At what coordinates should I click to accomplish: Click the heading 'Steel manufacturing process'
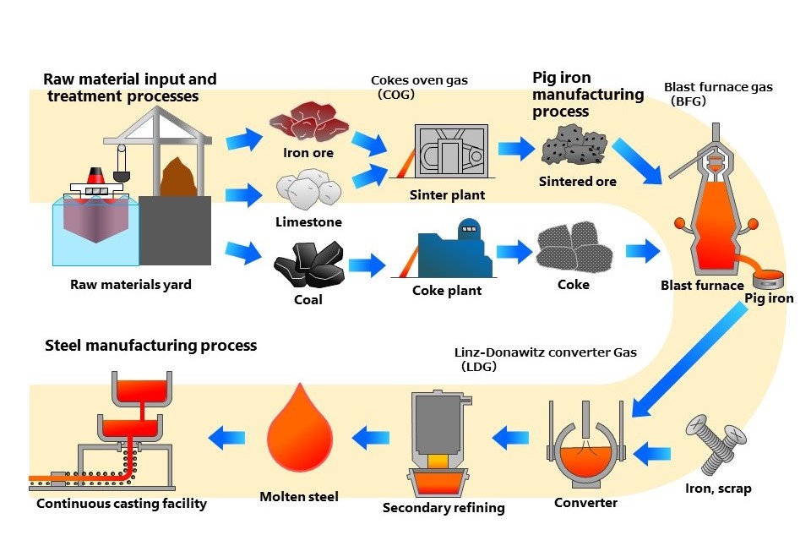(150, 346)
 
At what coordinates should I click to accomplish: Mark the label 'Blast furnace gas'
(718, 87)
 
